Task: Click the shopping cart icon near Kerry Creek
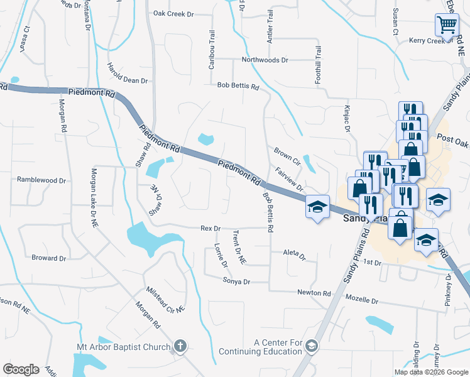(x=446, y=25)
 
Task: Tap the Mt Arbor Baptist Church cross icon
(x=180, y=346)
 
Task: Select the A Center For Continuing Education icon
(x=313, y=346)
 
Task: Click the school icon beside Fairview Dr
(x=317, y=207)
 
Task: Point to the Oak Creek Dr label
(x=173, y=13)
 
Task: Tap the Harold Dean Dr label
(x=127, y=75)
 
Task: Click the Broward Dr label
(x=48, y=258)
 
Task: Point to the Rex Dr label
(x=210, y=229)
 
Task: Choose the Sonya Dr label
(x=236, y=282)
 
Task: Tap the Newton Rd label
(x=314, y=293)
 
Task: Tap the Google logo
(x=21, y=369)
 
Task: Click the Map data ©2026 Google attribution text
(x=431, y=372)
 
